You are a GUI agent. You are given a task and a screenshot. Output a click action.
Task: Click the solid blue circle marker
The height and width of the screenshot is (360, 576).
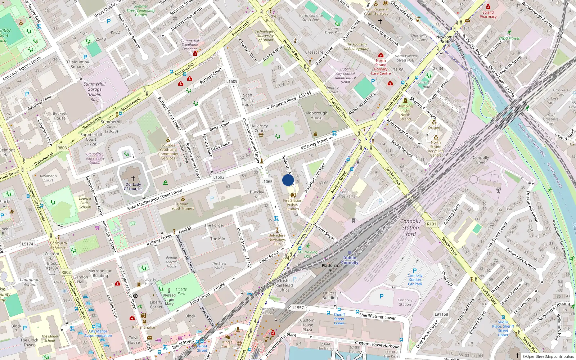[x=288, y=180]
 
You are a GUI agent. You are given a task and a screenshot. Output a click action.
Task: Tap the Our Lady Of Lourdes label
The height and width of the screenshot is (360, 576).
[x=133, y=186]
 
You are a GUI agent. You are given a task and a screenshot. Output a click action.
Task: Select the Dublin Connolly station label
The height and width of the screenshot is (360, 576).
[x=350, y=260]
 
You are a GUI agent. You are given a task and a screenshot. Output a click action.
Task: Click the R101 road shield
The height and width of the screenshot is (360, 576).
[x=431, y=224]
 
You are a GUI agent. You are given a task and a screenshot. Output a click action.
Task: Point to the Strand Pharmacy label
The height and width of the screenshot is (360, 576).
[x=488, y=14]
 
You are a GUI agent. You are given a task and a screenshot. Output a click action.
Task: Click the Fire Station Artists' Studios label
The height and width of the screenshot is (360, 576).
[x=293, y=204]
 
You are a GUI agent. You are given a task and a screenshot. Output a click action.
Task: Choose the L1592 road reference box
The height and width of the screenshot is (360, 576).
[x=219, y=177]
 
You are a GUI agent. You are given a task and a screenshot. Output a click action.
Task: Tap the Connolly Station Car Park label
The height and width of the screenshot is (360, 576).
[x=415, y=280]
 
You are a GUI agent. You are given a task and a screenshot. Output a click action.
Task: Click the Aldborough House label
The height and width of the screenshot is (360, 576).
[x=316, y=115]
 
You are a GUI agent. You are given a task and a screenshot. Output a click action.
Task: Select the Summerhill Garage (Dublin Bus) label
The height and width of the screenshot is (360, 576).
[x=95, y=92]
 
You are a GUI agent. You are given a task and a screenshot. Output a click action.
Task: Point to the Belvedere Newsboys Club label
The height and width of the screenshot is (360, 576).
[x=277, y=239]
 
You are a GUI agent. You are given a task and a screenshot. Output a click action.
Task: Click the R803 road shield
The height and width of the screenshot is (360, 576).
[x=62, y=148]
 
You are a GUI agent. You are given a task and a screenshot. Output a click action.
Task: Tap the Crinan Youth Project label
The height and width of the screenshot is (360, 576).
[x=183, y=206]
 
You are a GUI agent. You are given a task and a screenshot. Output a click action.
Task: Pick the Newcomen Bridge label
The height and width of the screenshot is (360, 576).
[x=446, y=39]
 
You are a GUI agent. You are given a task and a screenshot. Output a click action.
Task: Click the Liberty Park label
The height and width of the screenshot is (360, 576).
[x=181, y=291]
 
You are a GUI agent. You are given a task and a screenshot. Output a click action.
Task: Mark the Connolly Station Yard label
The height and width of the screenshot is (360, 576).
[x=410, y=228]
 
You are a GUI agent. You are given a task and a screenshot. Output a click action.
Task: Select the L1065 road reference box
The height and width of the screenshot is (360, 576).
[x=267, y=182]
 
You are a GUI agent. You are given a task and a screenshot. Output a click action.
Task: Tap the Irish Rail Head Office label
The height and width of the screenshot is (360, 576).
[x=284, y=285]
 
